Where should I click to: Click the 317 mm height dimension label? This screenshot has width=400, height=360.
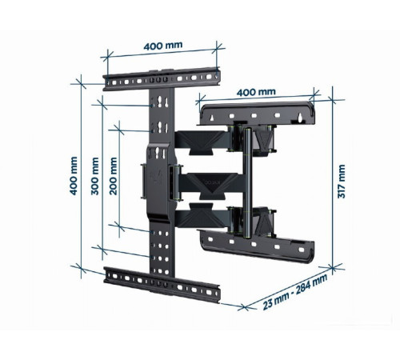click(x=342, y=182)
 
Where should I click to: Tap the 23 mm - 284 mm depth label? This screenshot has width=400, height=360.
click(x=295, y=292)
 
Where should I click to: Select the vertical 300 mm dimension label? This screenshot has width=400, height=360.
click(x=95, y=176)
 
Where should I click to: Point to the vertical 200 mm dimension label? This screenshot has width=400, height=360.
click(x=114, y=176)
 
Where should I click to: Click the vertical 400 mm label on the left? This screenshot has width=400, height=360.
click(x=74, y=176)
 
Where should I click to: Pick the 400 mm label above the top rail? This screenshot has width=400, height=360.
click(x=163, y=46)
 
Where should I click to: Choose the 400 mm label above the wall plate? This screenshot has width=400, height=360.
click(x=256, y=92)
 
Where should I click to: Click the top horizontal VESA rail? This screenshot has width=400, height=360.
click(x=162, y=79)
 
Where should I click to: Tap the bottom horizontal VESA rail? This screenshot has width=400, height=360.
click(x=162, y=284)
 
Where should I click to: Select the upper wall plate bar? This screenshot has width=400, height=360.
click(x=258, y=114)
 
